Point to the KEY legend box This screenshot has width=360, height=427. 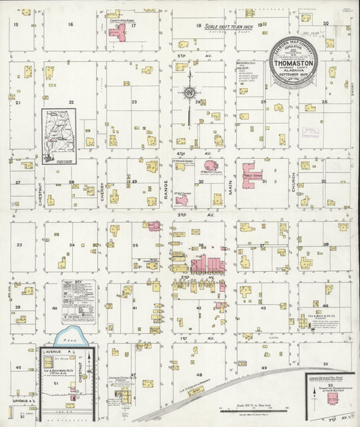click(x=78, y=301)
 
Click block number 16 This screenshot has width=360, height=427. click(x=70, y=24)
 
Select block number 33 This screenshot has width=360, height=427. click(x=20, y=245)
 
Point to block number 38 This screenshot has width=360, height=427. click(x=326, y=245)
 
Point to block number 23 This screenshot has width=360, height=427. click(x=134, y=103)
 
